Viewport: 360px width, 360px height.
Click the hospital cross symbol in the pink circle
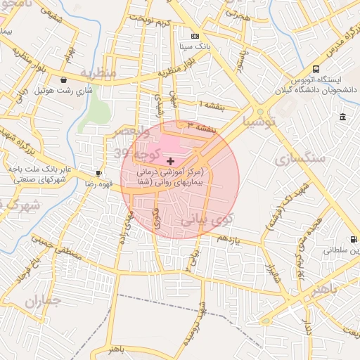[170, 161]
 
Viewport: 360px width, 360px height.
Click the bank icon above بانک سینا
[195, 36]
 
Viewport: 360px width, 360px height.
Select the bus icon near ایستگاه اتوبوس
[316, 70]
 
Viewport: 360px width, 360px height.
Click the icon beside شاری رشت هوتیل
[64, 80]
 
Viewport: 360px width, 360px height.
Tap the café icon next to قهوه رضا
[99, 173]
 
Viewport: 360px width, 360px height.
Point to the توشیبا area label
[264, 121]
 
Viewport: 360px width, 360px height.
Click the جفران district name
[44, 300]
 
